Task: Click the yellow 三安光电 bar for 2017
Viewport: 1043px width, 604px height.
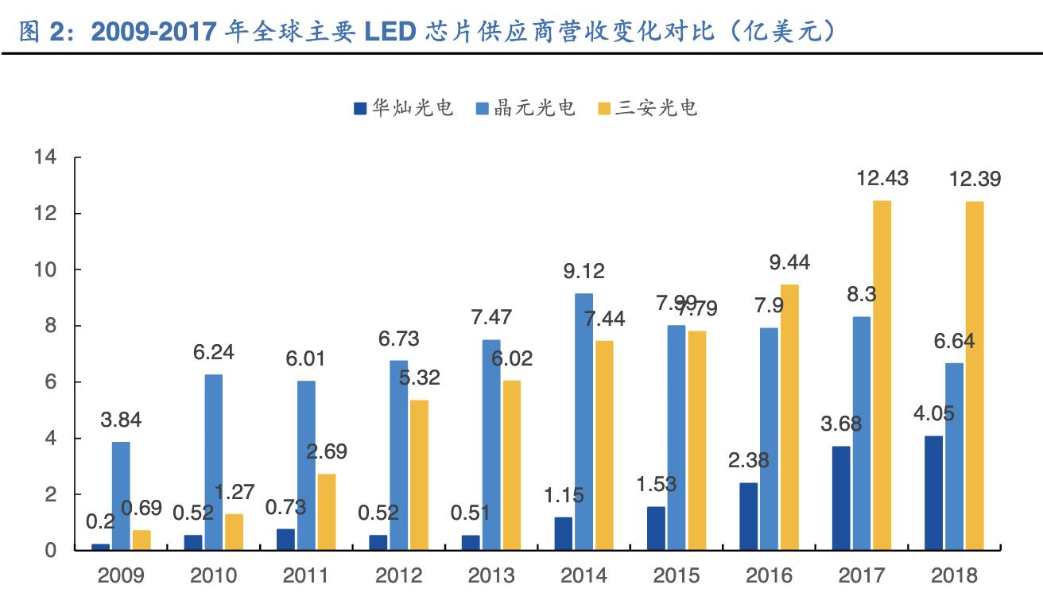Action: tap(882, 375)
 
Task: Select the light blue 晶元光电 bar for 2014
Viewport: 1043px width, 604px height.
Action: tap(584, 422)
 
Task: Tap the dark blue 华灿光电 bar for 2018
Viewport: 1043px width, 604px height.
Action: tap(933, 493)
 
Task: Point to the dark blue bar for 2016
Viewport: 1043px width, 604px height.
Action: tap(748, 517)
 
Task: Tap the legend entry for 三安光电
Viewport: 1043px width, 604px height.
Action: tap(647, 107)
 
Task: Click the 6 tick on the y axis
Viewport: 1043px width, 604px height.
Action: tap(51, 382)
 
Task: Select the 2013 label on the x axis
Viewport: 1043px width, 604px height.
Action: tap(490, 575)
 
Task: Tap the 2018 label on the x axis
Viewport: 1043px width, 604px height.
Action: tap(953, 575)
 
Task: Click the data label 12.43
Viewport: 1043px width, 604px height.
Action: tap(882, 179)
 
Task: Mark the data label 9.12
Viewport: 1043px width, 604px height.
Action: tap(584, 271)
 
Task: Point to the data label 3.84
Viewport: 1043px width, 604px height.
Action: tap(121, 420)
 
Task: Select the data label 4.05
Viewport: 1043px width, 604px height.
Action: tap(933, 414)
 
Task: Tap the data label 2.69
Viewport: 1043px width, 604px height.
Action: tap(327, 452)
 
